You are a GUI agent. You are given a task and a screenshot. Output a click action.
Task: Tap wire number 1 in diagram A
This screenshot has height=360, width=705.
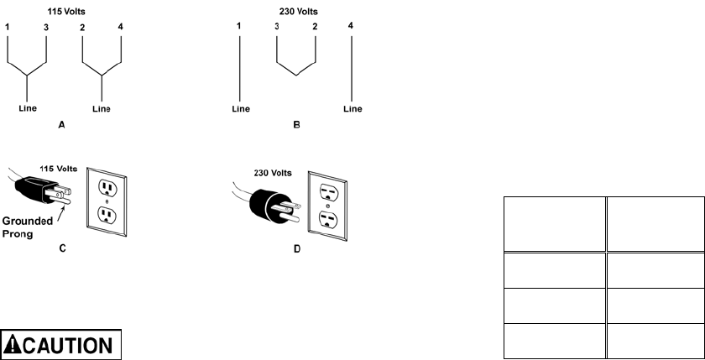tap(8, 29)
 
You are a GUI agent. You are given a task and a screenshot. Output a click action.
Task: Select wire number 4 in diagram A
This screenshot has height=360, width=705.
tap(123, 29)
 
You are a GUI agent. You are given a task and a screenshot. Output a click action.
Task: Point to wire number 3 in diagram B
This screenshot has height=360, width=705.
tap(276, 29)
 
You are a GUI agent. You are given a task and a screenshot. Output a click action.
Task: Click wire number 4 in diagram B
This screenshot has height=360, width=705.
tap(352, 29)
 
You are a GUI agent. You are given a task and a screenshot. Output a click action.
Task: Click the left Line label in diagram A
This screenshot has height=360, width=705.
tap(28, 108)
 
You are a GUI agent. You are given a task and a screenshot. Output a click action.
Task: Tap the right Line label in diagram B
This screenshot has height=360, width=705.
tap(353, 108)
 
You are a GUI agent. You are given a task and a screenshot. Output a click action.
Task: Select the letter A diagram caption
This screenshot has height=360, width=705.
tap(61, 124)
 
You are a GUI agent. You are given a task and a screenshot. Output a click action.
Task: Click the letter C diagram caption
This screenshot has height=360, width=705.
tap(61, 248)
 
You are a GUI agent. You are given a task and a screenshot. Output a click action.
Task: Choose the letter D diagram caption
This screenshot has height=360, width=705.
tap(296, 248)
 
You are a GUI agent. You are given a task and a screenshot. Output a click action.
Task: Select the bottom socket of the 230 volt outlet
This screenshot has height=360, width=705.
tap(328, 221)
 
